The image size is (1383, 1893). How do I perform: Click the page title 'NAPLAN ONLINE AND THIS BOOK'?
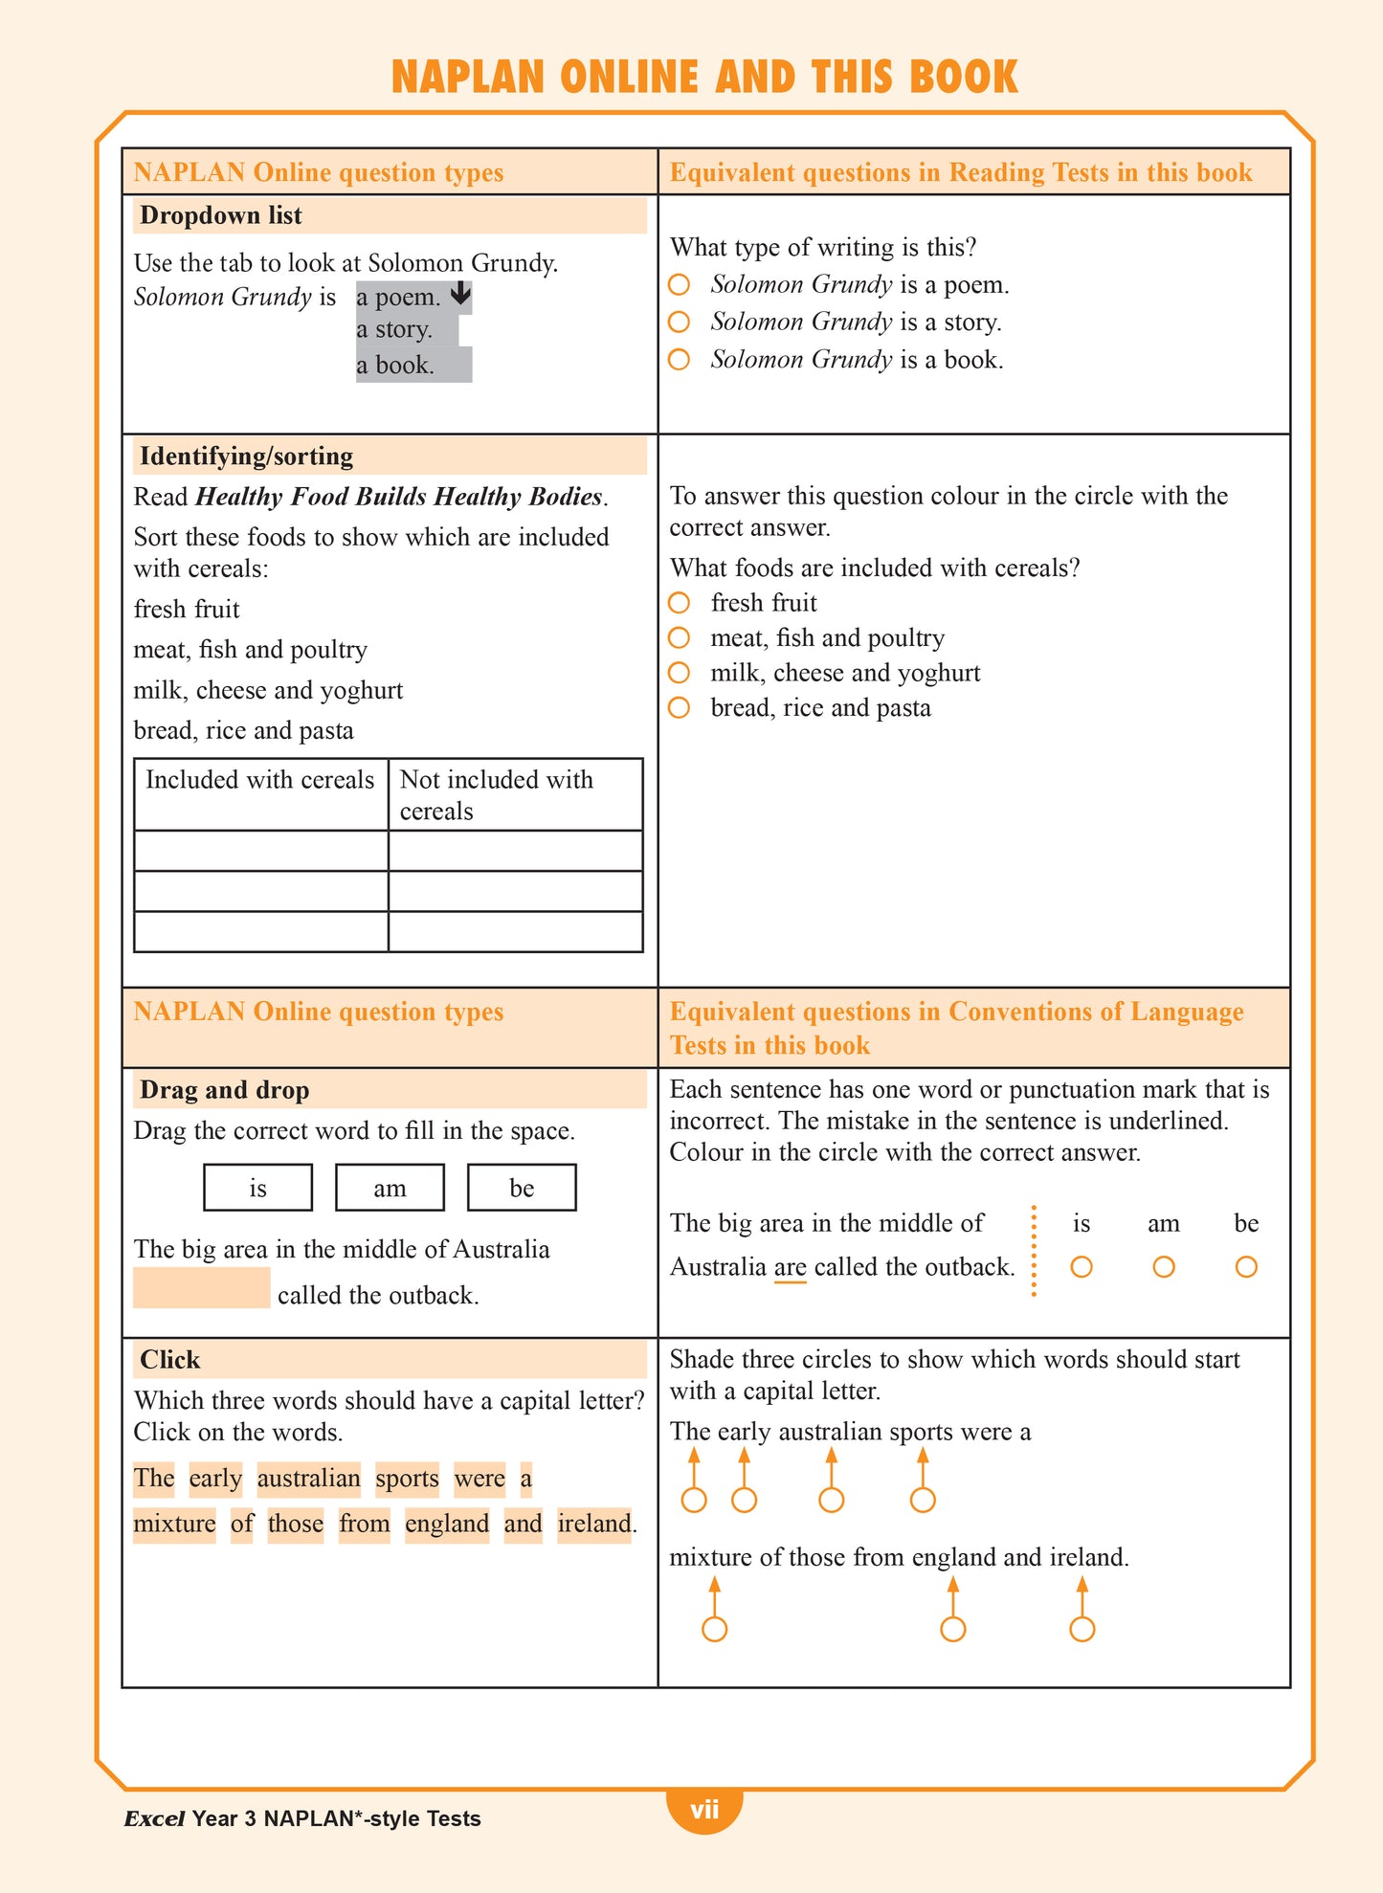pyautogui.click(x=704, y=78)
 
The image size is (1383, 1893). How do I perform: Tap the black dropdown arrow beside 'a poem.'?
pyautogui.click(x=460, y=294)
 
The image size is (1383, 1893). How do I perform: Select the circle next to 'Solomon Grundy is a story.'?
pyautogui.click(x=679, y=322)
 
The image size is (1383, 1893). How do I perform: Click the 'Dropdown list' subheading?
pyautogui.click(x=221, y=215)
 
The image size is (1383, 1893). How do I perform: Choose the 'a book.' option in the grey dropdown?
pyautogui.click(x=395, y=366)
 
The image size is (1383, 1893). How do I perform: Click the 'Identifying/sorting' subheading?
pyautogui.click(x=246, y=456)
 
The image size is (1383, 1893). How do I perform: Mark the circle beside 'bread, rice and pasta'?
pyautogui.click(x=679, y=708)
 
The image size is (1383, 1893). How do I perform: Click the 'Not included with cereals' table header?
pyautogui.click(x=496, y=794)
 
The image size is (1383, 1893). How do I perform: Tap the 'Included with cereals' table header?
pyautogui.click(x=259, y=780)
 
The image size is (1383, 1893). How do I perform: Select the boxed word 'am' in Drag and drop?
pyautogui.click(x=390, y=1188)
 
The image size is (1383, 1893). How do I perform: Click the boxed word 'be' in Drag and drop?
pyautogui.click(x=522, y=1188)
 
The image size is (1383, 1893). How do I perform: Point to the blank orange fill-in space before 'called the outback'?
pyautogui.click(x=201, y=1288)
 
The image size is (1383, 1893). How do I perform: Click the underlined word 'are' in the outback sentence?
pyautogui.click(x=790, y=1267)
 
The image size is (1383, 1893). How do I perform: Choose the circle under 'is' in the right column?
pyautogui.click(x=1082, y=1267)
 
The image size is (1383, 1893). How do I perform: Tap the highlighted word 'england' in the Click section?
pyautogui.click(x=446, y=1523)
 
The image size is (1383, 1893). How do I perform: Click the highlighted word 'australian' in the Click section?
pyautogui.click(x=308, y=1479)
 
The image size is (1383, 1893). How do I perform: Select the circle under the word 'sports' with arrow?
pyautogui.click(x=923, y=1500)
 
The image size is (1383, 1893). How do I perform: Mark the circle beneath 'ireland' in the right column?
pyautogui.click(x=1082, y=1629)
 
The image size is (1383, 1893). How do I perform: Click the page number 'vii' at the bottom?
pyautogui.click(x=704, y=1810)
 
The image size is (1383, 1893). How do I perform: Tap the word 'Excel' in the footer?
pyautogui.click(x=153, y=1818)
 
